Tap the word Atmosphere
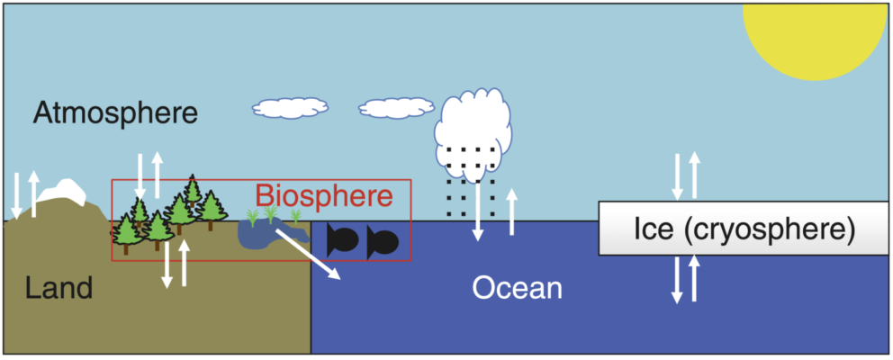point(114,113)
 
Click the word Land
point(59,288)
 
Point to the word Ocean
point(518,288)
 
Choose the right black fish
point(382,240)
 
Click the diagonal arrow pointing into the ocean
point(308,255)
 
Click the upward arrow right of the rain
point(512,212)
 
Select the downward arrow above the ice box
point(678,176)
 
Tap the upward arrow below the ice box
point(694,278)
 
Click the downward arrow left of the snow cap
point(16,195)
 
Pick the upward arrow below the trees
point(185,264)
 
